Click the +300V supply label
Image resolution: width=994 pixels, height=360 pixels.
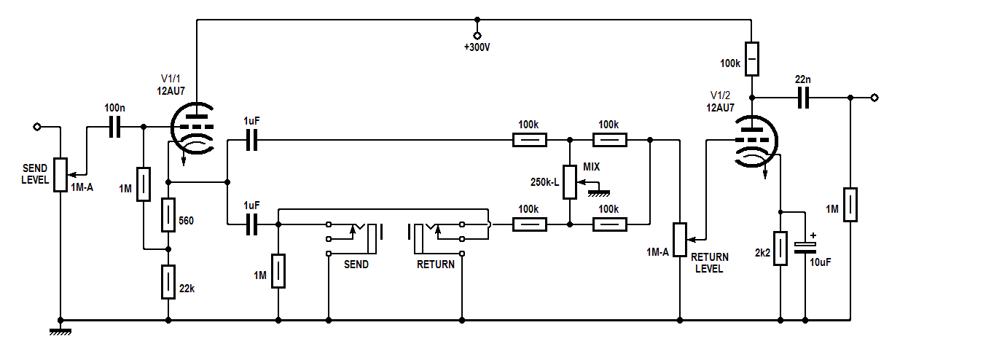[x=477, y=48]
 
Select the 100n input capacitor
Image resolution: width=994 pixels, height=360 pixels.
[x=114, y=127]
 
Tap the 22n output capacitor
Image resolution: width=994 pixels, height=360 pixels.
[x=804, y=98]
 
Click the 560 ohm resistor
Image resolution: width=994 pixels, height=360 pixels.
[x=168, y=215]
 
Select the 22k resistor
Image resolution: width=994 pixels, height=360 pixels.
[x=168, y=283]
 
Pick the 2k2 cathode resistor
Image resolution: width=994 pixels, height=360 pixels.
[x=780, y=249]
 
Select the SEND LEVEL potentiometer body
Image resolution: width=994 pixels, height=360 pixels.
[x=60, y=176]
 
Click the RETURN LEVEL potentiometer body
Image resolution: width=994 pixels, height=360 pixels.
[x=680, y=240]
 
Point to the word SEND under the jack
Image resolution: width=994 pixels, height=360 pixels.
[x=356, y=265]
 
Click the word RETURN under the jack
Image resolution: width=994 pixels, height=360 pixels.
[x=436, y=265]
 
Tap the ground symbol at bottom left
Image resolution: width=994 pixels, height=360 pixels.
[x=60, y=332]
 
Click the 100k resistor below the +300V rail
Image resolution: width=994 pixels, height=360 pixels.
[x=752, y=59]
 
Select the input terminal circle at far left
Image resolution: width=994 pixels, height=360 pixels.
[x=37, y=127]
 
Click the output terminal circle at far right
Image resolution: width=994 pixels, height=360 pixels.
[x=874, y=98]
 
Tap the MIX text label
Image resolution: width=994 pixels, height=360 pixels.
[x=591, y=167]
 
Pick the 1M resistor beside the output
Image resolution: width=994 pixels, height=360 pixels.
[x=850, y=205]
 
